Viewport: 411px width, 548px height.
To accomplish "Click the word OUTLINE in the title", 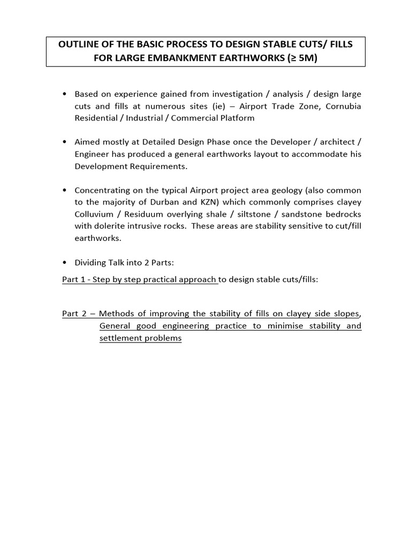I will point(78,44).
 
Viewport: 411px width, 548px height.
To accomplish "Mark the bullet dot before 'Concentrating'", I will point(65,191).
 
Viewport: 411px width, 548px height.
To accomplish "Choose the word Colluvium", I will point(94,214).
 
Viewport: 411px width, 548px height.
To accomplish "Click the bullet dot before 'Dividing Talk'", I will point(65,262).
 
